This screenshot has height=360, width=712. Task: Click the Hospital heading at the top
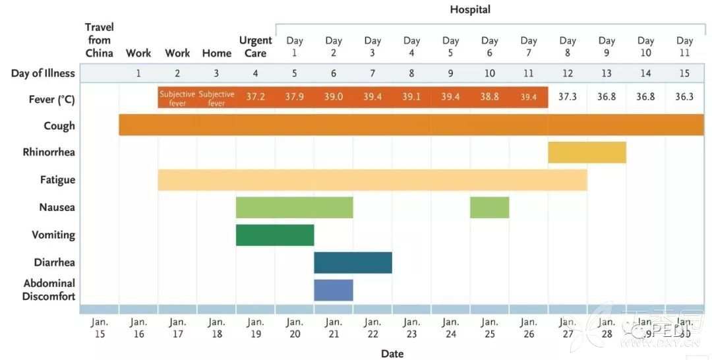click(x=470, y=9)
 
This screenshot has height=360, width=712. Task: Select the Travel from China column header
click(x=100, y=40)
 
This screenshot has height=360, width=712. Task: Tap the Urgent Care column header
click(x=255, y=47)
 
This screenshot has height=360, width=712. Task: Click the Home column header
click(x=216, y=53)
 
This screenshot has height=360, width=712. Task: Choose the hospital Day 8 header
click(x=567, y=47)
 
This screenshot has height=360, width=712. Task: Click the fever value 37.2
click(x=255, y=97)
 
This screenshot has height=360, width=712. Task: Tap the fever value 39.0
click(x=333, y=97)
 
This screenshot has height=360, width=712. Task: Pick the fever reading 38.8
click(x=489, y=97)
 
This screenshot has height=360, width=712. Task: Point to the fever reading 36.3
click(x=684, y=97)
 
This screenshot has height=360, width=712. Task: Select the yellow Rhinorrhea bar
click(x=587, y=152)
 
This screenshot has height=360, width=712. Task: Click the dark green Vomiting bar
click(x=275, y=235)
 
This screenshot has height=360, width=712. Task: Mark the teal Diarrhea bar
click(x=353, y=262)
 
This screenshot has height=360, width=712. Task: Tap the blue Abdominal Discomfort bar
click(x=333, y=290)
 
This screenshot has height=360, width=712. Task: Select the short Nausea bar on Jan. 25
click(x=489, y=207)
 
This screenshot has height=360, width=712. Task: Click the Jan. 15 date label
click(x=100, y=328)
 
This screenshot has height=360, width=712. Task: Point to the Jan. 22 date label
click(x=372, y=328)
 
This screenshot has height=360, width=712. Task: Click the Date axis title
click(x=392, y=354)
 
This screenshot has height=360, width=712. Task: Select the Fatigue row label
click(x=58, y=180)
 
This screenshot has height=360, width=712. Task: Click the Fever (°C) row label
click(x=51, y=99)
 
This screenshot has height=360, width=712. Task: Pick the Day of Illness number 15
click(x=684, y=73)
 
